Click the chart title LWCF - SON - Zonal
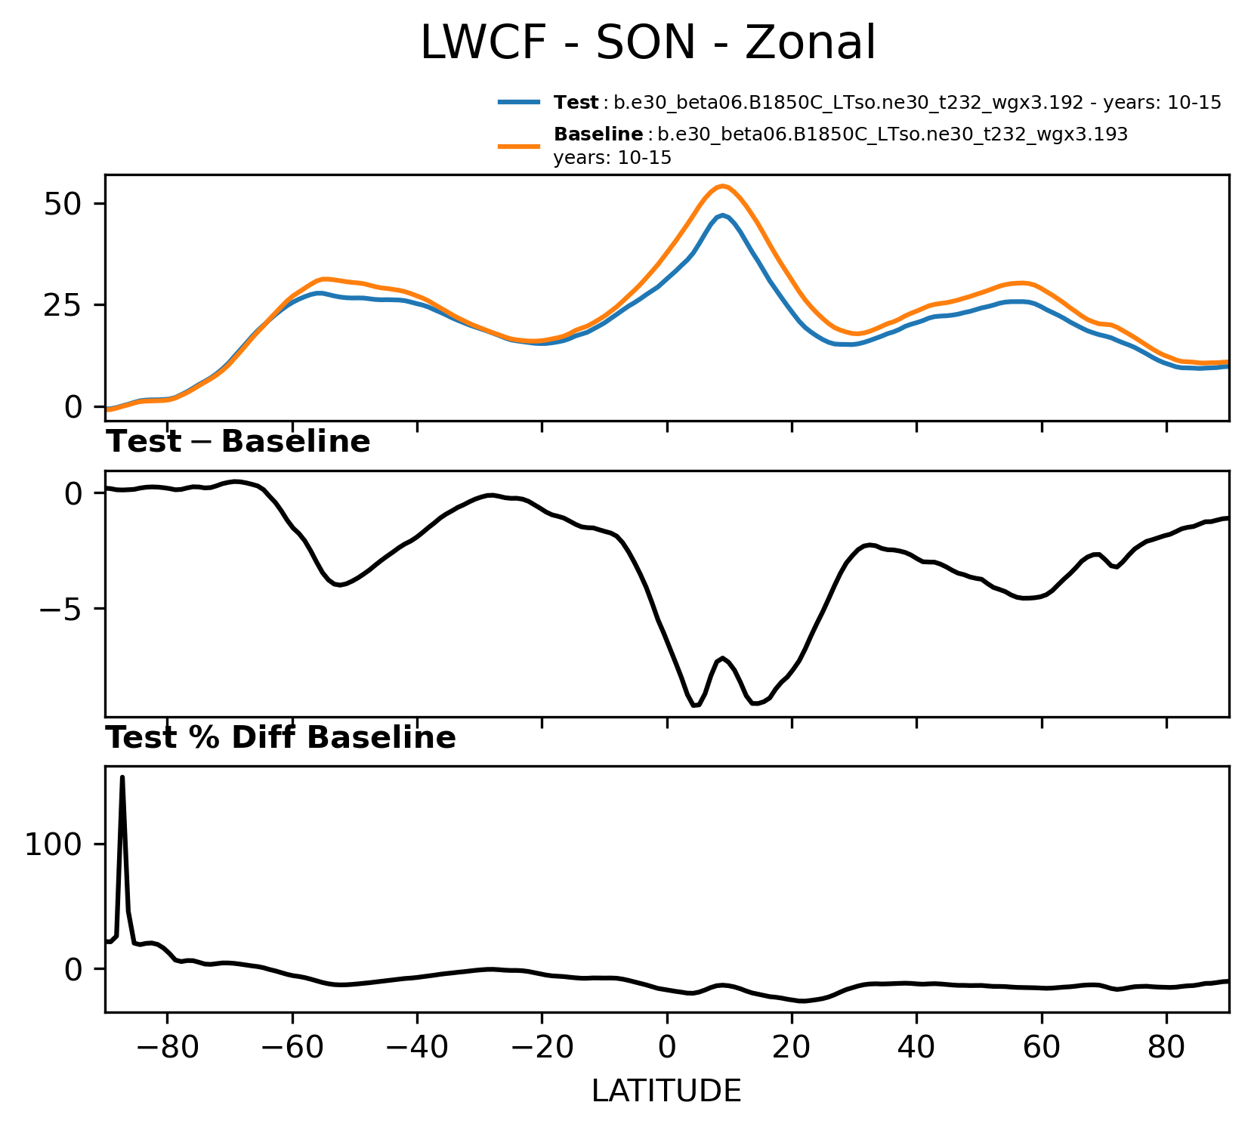[x=647, y=43]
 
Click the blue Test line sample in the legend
[x=519, y=102]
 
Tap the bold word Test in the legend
[x=576, y=103]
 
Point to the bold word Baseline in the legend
[x=598, y=134]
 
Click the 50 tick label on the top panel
[x=62, y=205]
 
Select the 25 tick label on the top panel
[x=62, y=305]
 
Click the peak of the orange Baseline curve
[x=722, y=186]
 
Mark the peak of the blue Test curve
[x=723, y=215]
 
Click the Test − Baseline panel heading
[x=238, y=442]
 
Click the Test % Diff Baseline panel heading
[x=280, y=738]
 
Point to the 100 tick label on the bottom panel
[x=53, y=844]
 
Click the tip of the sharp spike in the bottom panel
[x=122, y=777]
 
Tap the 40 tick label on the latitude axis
[x=916, y=1048]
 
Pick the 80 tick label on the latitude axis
[x=1166, y=1048]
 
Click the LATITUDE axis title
[x=666, y=1091]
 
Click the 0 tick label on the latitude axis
[x=667, y=1048]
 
